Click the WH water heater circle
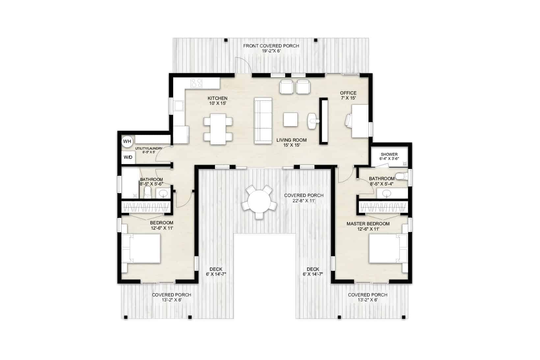click(x=127, y=141)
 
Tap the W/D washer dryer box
click(x=128, y=157)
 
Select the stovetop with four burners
click(x=197, y=83)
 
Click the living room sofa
click(x=263, y=120)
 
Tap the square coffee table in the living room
click(x=291, y=119)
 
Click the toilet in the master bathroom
click(x=401, y=176)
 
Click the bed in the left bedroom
click(x=142, y=248)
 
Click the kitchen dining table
click(x=218, y=129)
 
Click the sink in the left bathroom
click(x=163, y=193)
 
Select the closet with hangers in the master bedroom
click(x=383, y=207)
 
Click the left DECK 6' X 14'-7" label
click(x=216, y=271)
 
